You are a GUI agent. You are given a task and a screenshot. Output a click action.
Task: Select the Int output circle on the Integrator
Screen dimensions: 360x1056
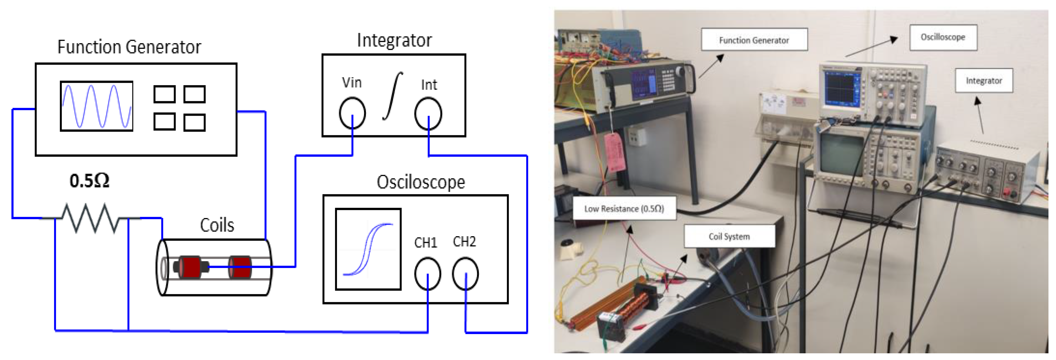[x=428, y=113]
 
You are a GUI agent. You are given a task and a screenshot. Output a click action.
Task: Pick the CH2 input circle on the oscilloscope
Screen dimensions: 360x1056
[x=465, y=274]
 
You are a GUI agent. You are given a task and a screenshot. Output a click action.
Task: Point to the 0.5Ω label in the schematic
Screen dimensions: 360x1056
[x=89, y=181]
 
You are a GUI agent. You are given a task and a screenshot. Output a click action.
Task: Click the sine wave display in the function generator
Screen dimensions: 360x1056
[x=97, y=106]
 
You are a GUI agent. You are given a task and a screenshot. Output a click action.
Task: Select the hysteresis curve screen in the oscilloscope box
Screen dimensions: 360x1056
[x=368, y=249]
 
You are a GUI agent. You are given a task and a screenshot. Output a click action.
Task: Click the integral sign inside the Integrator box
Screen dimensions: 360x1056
[x=393, y=96]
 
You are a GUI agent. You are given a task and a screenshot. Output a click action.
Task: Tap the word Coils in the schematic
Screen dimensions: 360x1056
[x=217, y=225]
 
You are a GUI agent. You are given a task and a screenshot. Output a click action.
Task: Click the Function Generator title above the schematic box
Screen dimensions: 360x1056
[x=129, y=47]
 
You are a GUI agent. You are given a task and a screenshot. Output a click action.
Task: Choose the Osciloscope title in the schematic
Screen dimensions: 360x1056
[x=421, y=182]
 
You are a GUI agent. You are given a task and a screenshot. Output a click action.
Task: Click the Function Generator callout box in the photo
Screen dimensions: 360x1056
[x=754, y=40]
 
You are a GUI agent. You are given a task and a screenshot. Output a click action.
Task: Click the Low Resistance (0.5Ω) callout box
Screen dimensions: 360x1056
[x=624, y=209]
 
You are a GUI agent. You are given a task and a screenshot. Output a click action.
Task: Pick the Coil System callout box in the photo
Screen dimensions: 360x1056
[x=729, y=236]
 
